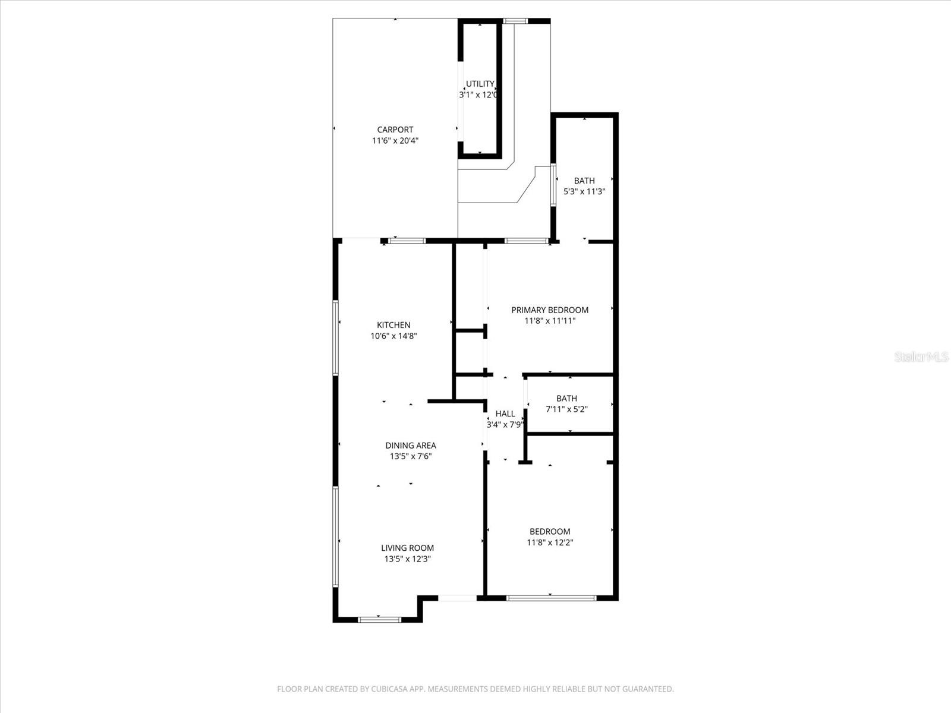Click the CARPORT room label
[x=395, y=130]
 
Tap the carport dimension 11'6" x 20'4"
[x=395, y=141]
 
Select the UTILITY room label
[x=480, y=84]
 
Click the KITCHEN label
[x=393, y=325]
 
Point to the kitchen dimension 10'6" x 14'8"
[x=393, y=336]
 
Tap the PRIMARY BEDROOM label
[x=550, y=310]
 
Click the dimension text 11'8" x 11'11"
[x=550, y=321]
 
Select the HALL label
[x=505, y=414]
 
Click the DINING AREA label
[x=410, y=445]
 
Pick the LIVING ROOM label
[x=407, y=548]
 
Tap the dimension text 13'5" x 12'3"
[x=407, y=559]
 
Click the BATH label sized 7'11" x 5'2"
[x=566, y=398]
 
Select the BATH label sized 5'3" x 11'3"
[x=584, y=181]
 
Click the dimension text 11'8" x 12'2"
[x=550, y=542]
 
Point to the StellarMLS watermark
[x=921, y=356]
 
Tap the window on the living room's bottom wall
[x=379, y=619]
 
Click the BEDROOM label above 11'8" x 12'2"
[x=550, y=531]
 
